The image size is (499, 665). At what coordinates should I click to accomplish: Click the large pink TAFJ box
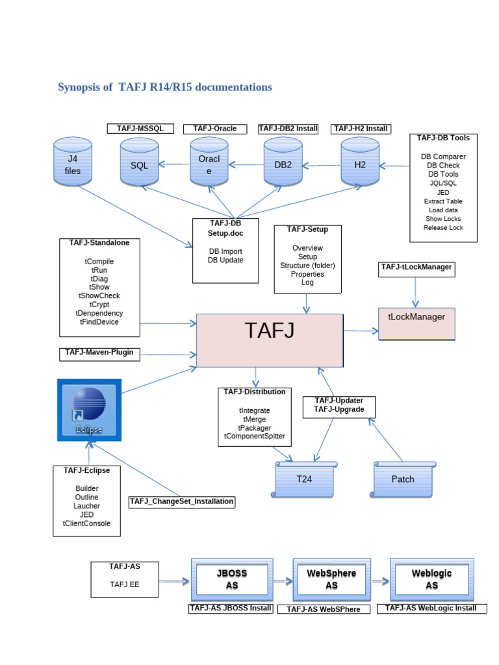pos(270,340)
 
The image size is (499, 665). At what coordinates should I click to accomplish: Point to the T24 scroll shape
pos(305,479)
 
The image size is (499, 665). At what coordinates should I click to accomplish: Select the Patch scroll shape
pos(403,479)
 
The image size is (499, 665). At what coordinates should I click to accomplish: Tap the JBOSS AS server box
pos(231,579)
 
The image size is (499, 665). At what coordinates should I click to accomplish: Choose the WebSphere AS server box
pos(331,579)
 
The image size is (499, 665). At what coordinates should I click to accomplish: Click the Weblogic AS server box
pos(431,579)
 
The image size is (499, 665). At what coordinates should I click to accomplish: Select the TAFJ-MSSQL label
pos(140,129)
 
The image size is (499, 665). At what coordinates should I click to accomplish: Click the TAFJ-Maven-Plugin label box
pos(99,353)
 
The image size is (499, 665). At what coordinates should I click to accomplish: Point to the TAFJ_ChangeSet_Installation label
pos(181,501)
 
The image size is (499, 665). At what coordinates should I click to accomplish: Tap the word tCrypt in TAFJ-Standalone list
pos(99,304)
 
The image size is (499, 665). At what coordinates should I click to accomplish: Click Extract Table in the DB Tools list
pos(443,201)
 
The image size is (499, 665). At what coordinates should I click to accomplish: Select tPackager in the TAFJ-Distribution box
pos(255,427)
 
